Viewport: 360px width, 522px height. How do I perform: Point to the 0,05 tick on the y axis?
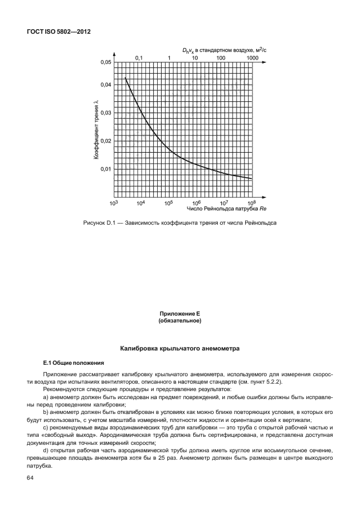(x=106, y=62)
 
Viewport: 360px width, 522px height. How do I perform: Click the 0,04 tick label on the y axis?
(x=106, y=85)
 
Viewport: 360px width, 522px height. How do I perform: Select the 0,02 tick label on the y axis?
(x=106, y=141)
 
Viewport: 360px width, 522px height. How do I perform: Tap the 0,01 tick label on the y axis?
(x=106, y=169)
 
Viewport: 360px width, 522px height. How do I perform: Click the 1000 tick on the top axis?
(x=252, y=58)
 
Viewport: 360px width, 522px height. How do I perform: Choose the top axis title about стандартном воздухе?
(x=224, y=50)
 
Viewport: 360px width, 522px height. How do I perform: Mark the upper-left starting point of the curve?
(x=125, y=78)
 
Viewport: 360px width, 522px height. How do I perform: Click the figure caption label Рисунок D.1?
(x=95, y=223)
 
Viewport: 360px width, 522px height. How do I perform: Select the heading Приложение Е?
(x=179, y=315)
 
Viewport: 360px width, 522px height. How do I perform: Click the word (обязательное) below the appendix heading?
(x=179, y=322)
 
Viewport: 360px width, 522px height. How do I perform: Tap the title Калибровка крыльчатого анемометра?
(x=179, y=348)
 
